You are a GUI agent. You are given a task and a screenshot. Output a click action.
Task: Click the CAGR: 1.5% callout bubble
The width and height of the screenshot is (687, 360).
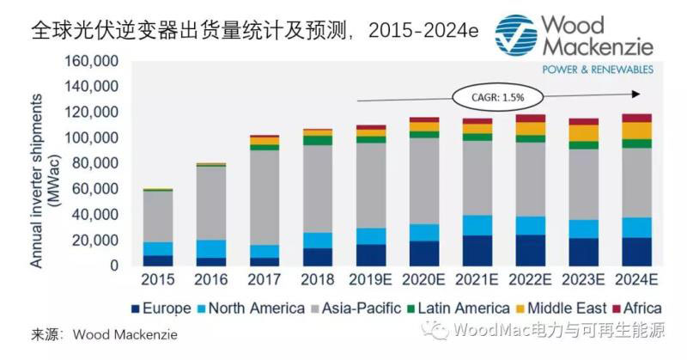(x=490, y=95)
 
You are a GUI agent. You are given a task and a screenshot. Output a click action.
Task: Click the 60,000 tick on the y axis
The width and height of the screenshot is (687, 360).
(x=89, y=188)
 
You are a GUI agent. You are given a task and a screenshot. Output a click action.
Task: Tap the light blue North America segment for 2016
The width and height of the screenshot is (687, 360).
(x=211, y=248)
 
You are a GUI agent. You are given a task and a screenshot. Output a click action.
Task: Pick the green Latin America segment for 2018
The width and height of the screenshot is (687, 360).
(x=317, y=140)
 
